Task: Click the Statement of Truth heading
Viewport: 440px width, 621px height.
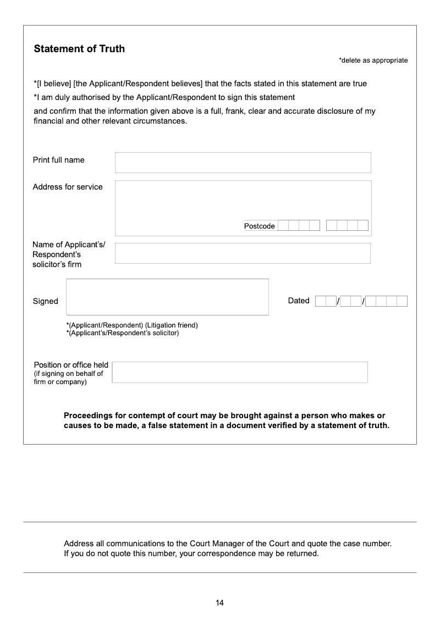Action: click(79, 49)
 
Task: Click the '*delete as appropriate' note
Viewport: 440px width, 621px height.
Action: click(373, 60)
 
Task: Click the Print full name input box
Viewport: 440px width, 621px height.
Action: click(243, 163)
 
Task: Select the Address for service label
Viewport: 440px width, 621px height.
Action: click(68, 187)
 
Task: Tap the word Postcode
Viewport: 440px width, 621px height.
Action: click(259, 226)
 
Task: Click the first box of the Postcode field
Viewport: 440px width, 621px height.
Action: click(283, 225)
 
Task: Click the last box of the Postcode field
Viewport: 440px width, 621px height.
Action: click(363, 225)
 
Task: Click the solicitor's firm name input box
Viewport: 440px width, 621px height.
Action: click(243, 253)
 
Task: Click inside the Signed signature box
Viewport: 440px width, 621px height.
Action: click(167, 297)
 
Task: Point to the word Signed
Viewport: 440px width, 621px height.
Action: click(45, 301)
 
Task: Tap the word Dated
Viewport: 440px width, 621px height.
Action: click(299, 301)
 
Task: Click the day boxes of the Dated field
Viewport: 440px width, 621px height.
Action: click(326, 301)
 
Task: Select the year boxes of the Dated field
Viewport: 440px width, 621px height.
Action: click(386, 301)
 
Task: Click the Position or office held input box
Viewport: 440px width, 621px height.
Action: click(240, 372)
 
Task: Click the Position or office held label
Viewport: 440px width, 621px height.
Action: click(71, 365)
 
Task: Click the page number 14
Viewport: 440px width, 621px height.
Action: click(219, 603)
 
